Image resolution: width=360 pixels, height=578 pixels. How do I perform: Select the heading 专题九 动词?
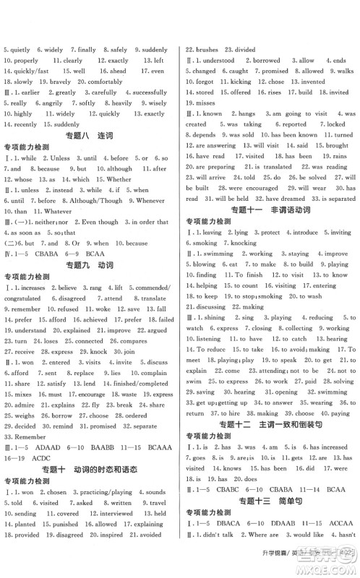(x=90, y=246)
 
